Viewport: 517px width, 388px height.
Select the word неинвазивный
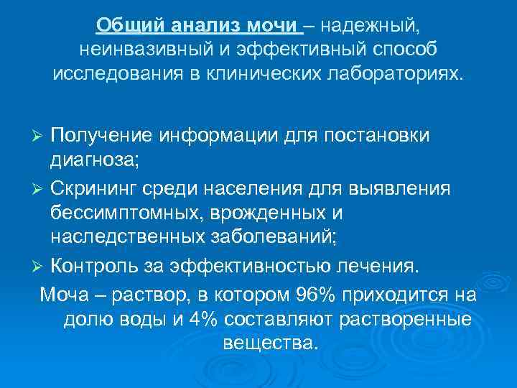point(136,50)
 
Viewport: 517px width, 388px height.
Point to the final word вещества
point(269,343)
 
